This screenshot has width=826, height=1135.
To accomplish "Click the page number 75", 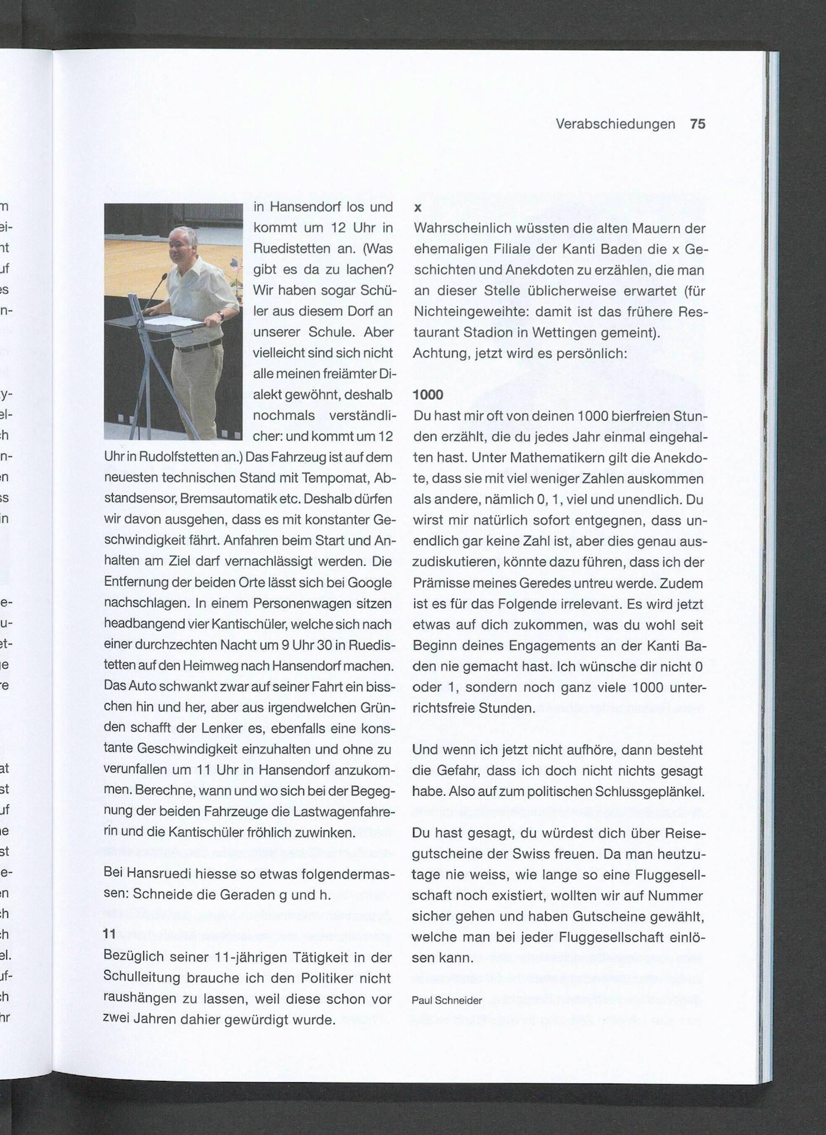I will [698, 124].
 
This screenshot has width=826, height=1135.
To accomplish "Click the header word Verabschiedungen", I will [615, 124].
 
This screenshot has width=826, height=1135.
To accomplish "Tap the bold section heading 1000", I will [428, 395].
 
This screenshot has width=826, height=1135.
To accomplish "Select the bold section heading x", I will [418, 208].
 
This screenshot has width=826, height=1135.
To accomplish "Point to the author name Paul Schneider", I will [447, 1000].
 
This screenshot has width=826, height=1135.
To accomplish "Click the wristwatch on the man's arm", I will [220, 315].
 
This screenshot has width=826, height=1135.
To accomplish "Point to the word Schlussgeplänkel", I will [649, 792].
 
